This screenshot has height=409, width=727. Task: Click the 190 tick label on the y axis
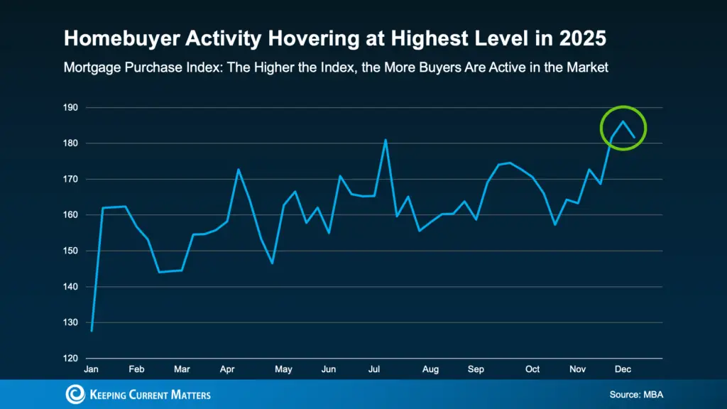tap(71, 108)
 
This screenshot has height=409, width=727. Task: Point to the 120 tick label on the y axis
tap(71, 359)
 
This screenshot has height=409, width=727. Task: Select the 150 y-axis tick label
tap(71, 251)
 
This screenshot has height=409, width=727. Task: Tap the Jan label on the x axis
tap(92, 369)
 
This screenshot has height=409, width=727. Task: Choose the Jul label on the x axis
tap(374, 369)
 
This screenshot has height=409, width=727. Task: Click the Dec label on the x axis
tap(623, 369)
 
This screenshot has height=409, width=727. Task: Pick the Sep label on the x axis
tap(476, 369)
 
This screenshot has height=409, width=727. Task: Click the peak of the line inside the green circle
tap(623, 121)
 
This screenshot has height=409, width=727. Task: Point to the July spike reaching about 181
tap(385, 140)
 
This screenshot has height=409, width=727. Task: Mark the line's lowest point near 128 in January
tap(92, 331)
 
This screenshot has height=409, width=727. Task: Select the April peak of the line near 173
tap(238, 169)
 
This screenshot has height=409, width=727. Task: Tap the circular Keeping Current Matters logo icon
tap(75, 394)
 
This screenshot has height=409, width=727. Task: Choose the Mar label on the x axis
tap(182, 369)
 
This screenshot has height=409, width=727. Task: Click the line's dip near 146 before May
tap(272, 263)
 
